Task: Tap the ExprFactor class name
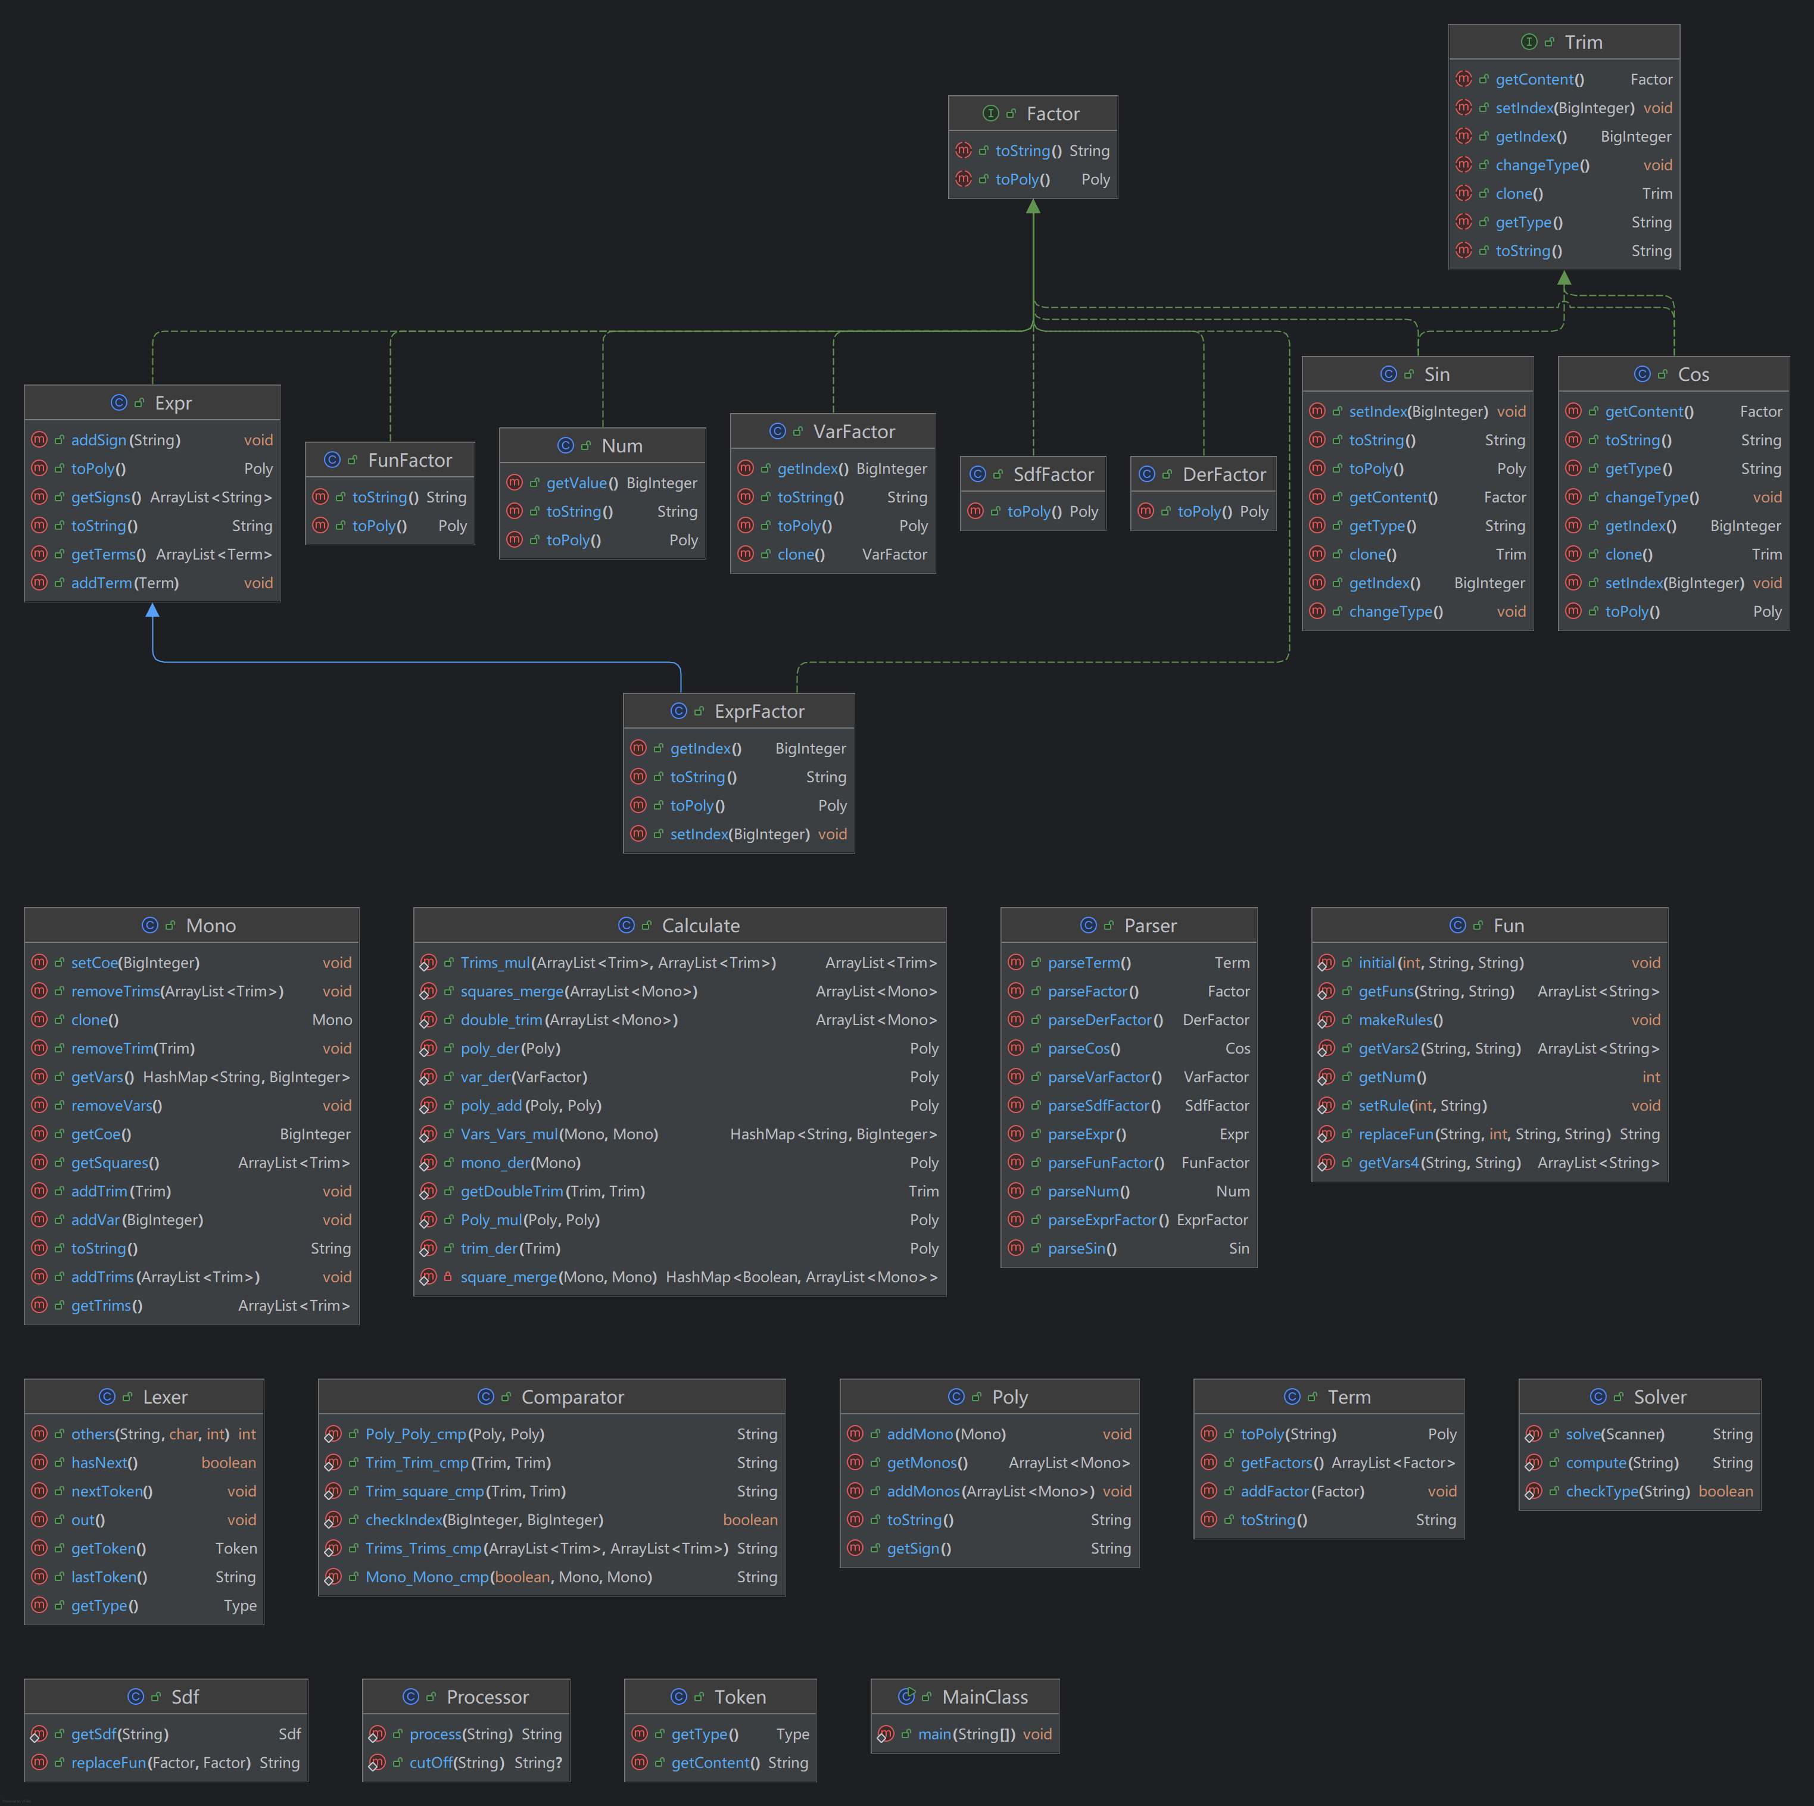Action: point(759,711)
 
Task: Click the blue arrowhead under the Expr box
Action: point(152,610)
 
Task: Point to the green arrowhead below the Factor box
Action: point(1033,207)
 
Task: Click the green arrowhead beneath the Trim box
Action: point(1563,278)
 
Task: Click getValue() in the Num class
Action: point(582,483)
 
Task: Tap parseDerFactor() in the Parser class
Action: point(1105,1020)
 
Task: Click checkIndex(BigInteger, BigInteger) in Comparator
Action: point(485,1520)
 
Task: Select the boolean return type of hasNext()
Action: point(228,1463)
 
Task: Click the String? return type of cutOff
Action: point(538,1763)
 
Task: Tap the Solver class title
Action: point(1659,1396)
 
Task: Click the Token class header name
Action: point(740,1697)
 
